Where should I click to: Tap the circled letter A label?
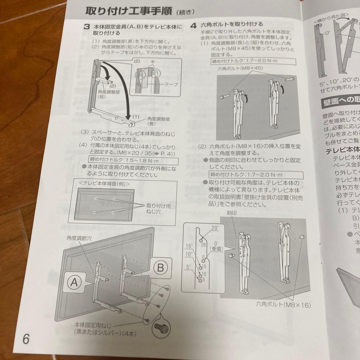(74, 283)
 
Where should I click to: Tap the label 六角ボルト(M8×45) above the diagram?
(240, 68)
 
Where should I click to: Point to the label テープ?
(171, 85)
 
